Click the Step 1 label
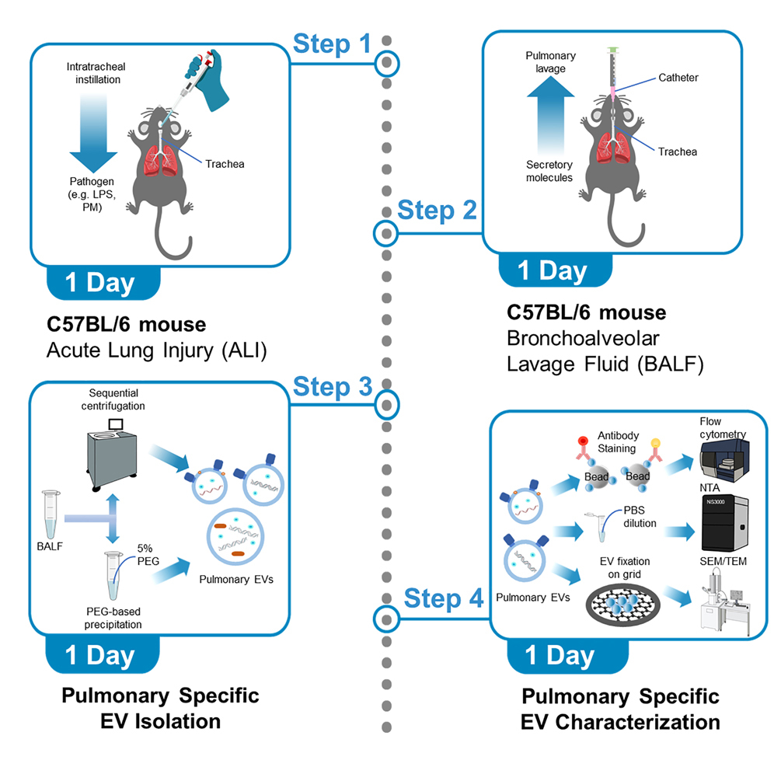tap(332, 44)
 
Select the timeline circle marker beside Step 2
tap(385, 232)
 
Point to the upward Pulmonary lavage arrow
tap(550, 117)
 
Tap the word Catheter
tap(678, 78)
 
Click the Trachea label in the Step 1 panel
tap(225, 163)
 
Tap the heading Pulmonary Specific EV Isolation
tap(160, 706)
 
